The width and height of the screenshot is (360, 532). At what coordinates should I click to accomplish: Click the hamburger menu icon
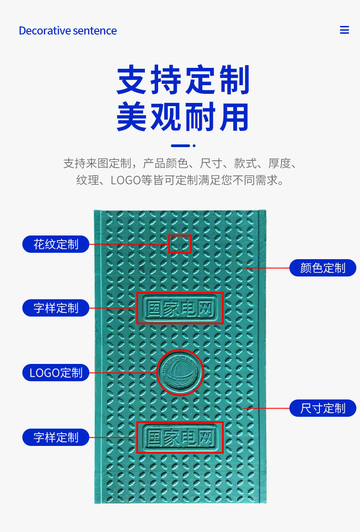pos(345,30)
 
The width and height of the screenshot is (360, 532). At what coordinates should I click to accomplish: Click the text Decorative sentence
pos(67,31)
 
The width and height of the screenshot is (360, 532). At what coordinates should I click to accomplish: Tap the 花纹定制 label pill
pos(56,244)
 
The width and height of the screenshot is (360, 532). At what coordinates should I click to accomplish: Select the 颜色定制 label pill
pos(323,268)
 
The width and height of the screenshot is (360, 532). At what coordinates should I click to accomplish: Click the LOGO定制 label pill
pos(56,373)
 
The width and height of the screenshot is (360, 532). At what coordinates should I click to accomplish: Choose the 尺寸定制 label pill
pos(323,408)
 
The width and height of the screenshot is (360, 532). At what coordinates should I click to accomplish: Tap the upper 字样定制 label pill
pos(56,308)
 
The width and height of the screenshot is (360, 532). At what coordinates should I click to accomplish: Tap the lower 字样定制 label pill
pos(56,437)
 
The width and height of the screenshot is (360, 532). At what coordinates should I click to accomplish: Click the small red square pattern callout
pos(180,244)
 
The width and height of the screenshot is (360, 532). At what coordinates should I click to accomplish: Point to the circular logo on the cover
pos(180,372)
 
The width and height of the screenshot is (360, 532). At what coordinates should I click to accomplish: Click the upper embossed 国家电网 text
pos(180,308)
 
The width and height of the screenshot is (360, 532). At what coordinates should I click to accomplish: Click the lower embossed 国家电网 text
pos(180,437)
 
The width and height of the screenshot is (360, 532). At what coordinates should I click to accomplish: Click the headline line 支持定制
pos(183,80)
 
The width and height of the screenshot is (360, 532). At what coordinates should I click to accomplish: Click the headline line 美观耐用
pos(183,117)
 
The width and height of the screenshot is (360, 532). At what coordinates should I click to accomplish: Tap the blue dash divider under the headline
pos(180,146)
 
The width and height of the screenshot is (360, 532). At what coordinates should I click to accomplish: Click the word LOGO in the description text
pos(125,180)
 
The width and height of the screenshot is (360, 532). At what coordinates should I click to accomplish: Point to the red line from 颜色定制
pos(269,268)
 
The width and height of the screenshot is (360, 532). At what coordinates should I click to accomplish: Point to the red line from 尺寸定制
pos(269,408)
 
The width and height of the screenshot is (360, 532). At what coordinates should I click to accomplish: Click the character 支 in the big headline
pos(133,80)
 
